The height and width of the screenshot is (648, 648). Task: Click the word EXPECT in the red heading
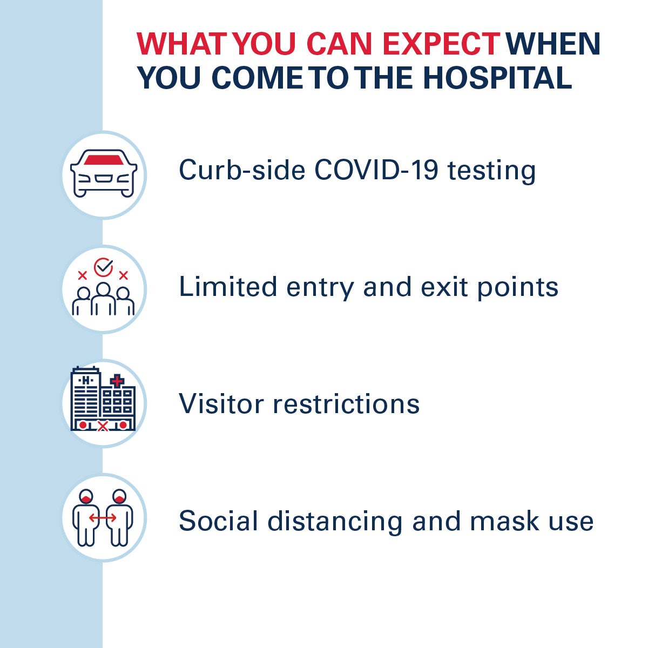[441, 44]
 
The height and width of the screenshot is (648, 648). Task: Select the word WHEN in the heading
[553, 44]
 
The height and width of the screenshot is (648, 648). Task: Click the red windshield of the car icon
[104, 160]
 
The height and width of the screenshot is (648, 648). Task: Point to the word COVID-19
[376, 170]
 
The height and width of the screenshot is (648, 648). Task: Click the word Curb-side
[242, 170]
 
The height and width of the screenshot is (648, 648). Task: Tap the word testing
[491, 172]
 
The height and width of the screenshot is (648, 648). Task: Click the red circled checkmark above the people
[103, 267]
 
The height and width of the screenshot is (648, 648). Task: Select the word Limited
[228, 287]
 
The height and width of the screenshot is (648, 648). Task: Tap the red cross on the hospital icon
[117, 381]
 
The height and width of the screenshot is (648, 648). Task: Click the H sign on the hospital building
[86, 380]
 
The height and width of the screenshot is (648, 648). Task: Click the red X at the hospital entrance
[103, 427]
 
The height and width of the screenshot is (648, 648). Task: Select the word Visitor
[221, 403]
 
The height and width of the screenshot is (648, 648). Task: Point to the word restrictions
[346, 403]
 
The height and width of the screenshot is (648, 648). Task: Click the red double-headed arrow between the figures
[103, 518]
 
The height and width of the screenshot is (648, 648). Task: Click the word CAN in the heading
[339, 44]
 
